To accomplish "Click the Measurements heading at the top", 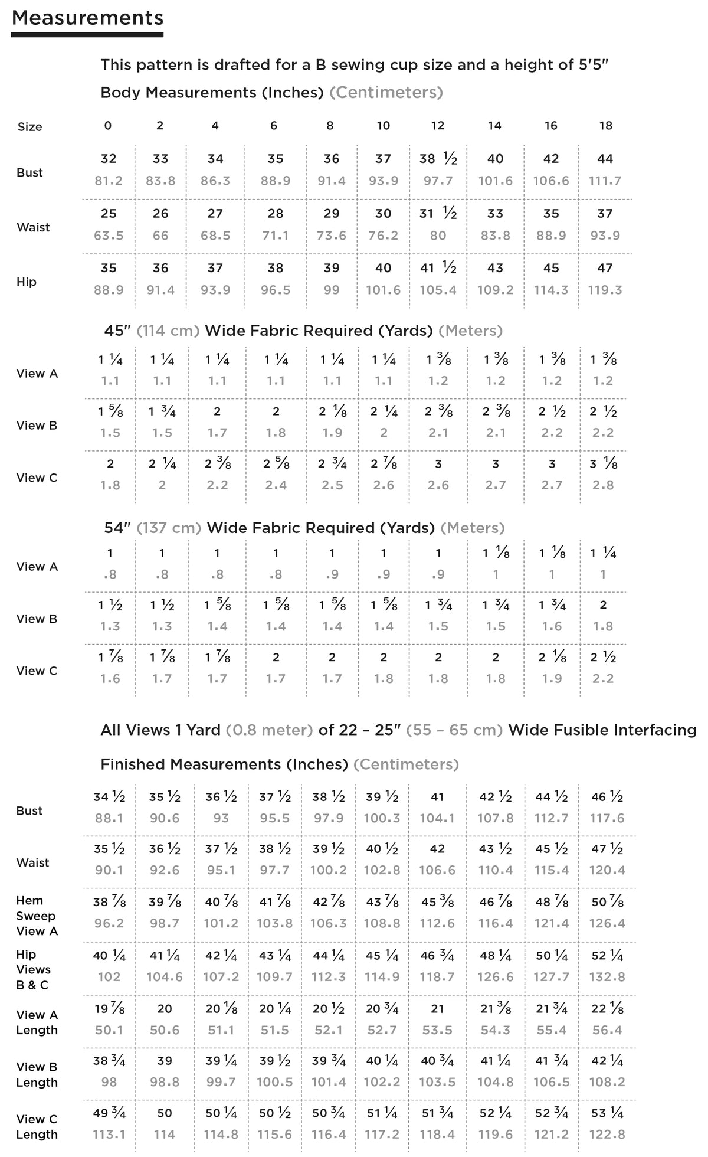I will point(87,18).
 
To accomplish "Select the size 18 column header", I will point(605,125).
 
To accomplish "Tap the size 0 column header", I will point(108,125).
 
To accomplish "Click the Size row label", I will point(29,127).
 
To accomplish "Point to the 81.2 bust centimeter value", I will point(109,181).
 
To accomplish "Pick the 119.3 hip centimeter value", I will point(605,290).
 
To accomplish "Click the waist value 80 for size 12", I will point(438,235).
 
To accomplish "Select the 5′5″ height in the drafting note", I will point(589,64).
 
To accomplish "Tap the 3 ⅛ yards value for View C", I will point(604,464).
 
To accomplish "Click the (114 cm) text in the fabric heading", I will point(168,331).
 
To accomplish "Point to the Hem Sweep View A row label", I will point(36,916).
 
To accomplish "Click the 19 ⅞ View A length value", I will point(109,1009).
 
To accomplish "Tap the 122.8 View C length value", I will point(607,1134).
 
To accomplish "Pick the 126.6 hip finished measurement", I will point(496,977).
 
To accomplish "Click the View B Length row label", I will point(37,1074).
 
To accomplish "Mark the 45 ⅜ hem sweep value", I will point(437,902).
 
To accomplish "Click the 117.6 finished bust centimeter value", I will point(607,818).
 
